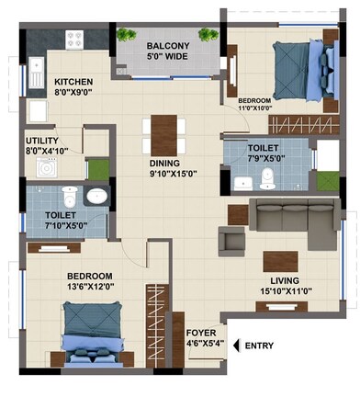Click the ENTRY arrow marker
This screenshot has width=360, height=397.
[x=237, y=345]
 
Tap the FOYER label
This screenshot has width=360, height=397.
[x=201, y=333]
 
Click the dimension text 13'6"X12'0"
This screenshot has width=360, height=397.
[x=90, y=286]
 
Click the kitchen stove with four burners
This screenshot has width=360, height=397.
[x=74, y=40]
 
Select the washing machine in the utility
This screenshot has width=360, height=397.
[x=45, y=167]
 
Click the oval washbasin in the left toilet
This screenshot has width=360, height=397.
[x=96, y=195]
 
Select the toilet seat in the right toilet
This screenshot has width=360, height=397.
[x=265, y=176]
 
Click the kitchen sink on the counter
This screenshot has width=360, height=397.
[x=35, y=72]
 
